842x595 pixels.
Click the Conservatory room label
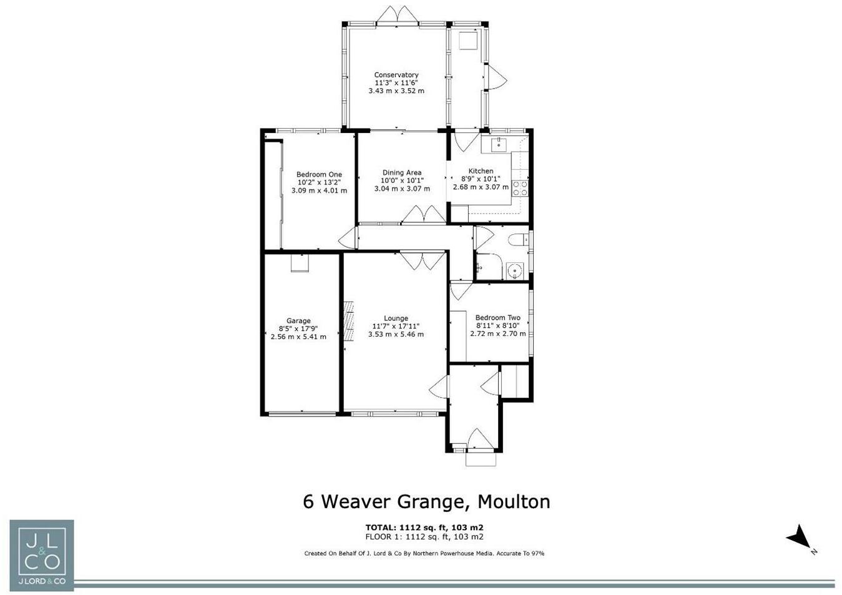pyautogui.click(x=396, y=75)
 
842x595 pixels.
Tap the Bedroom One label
pyautogui.click(x=319, y=175)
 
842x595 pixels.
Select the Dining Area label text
pyautogui.click(x=402, y=173)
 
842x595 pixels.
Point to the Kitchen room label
pyautogui.click(x=481, y=171)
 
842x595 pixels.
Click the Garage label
pyautogui.click(x=298, y=321)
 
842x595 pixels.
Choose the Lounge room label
pyautogui.click(x=396, y=318)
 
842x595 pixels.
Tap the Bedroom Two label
pyautogui.click(x=497, y=318)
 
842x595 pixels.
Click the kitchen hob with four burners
pyautogui.click(x=520, y=188)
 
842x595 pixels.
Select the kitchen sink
pyautogui.click(x=499, y=144)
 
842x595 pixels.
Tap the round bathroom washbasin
pyautogui.click(x=514, y=270)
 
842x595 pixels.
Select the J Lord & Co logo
pyautogui.click(x=42, y=555)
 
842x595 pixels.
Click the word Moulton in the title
pyautogui.click(x=514, y=501)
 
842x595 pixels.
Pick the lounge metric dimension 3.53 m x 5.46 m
pyautogui.click(x=396, y=335)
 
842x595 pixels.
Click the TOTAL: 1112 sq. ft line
pyautogui.click(x=424, y=528)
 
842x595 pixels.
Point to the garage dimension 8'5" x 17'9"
pyautogui.click(x=298, y=328)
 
